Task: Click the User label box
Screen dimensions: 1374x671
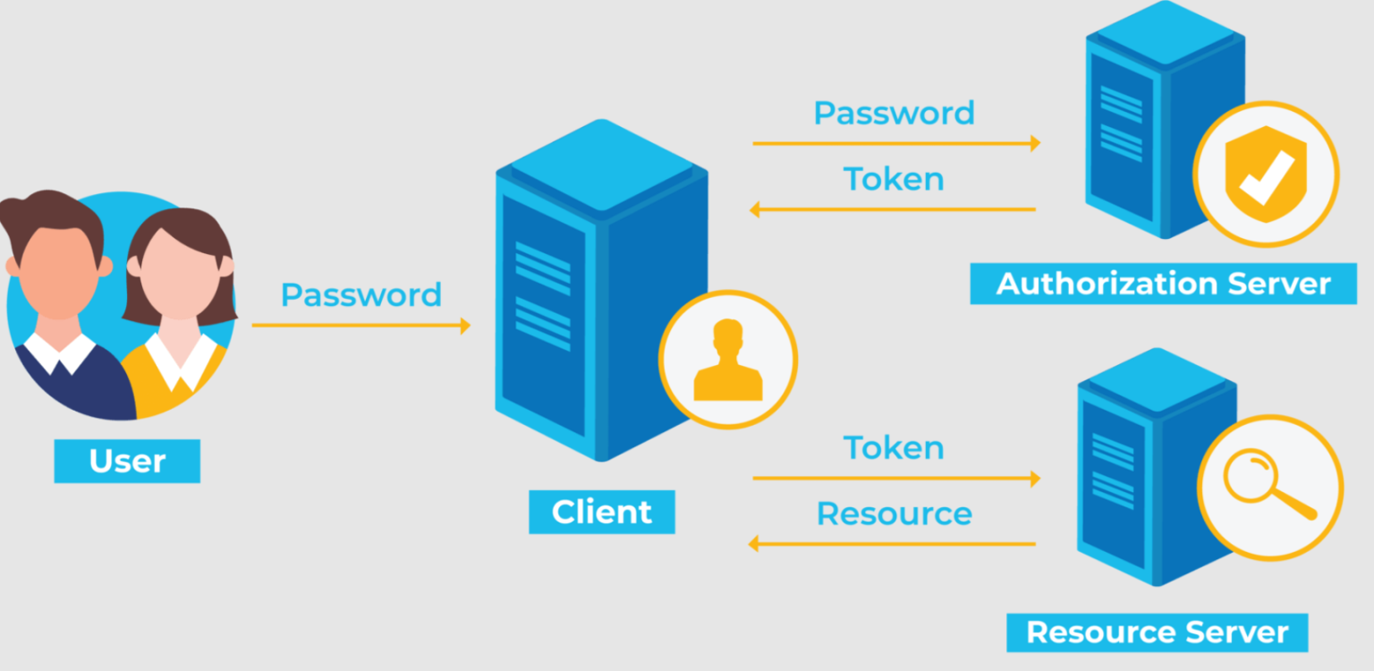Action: (127, 461)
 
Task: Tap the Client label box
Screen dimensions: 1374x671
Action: (602, 512)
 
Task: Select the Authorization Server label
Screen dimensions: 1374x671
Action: (1163, 284)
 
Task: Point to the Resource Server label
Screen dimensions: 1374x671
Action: (1157, 633)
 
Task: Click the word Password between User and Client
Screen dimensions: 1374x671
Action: (361, 295)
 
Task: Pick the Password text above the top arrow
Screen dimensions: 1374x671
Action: (894, 114)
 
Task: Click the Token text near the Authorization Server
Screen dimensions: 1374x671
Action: (894, 179)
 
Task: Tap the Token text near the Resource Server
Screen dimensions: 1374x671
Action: (894, 447)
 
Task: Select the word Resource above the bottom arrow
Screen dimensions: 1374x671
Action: (895, 514)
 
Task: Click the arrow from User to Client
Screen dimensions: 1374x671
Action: (361, 325)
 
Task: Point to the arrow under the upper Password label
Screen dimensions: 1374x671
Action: (897, 143)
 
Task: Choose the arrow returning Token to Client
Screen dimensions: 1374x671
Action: (893, 209)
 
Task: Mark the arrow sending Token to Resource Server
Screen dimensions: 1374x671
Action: (897, 478)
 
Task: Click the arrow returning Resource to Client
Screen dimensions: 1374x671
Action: (893, 544)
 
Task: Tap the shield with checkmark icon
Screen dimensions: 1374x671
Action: (1266, 174)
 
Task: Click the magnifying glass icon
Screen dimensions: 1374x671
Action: (1268, 485)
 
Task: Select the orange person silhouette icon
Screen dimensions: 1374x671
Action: (728, 360)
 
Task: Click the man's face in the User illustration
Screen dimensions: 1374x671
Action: (59, 270)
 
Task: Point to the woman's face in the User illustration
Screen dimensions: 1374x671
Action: (179, 273)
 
